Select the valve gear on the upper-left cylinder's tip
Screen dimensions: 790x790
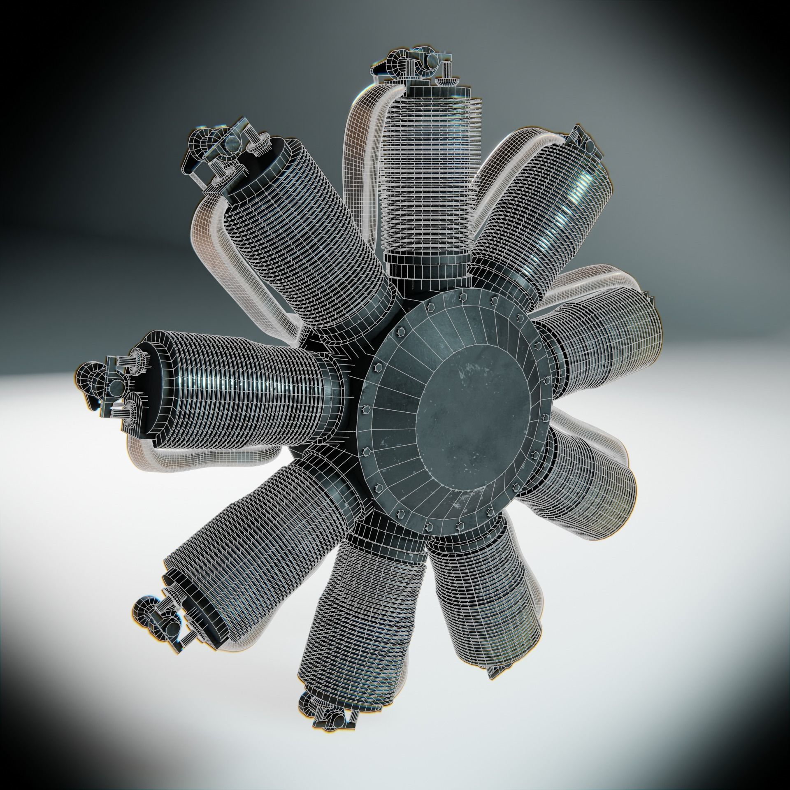tap(218, 148)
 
